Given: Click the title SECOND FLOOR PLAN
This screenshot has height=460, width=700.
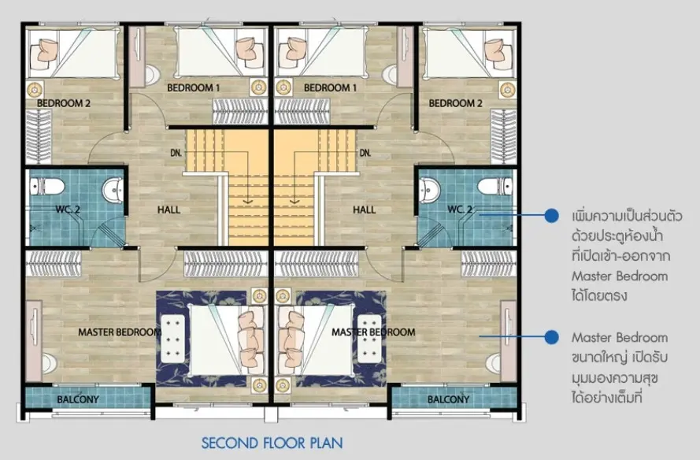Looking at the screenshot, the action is click(272, 443).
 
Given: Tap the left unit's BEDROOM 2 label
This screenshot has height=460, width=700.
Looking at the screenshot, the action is click(64, 103).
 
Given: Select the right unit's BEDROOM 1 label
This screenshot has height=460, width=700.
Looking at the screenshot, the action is click(331, 87).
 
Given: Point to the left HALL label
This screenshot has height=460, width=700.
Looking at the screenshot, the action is click(169, 210).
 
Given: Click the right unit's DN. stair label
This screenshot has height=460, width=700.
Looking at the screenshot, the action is click(365, 153).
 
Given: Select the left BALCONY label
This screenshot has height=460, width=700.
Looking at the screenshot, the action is click(78, 399).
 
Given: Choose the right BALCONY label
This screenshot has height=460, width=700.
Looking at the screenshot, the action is click(448, 399).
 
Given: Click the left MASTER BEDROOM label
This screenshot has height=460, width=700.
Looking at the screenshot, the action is click(120, 332).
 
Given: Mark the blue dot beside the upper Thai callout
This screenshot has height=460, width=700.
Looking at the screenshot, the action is click(552, 216).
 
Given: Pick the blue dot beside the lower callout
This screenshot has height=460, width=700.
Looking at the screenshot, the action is click(552, 337).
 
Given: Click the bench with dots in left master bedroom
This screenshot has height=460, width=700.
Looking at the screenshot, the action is click(172, 338).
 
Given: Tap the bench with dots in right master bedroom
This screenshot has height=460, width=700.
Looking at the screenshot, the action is click(369, 338).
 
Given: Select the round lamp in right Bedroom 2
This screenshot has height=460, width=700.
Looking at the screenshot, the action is click(508, 90).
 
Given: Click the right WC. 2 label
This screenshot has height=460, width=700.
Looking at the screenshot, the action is click(460, 210).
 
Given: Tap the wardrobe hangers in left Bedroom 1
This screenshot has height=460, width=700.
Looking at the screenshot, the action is click(240, 111).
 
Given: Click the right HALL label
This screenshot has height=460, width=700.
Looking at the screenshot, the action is click(365, 210).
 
